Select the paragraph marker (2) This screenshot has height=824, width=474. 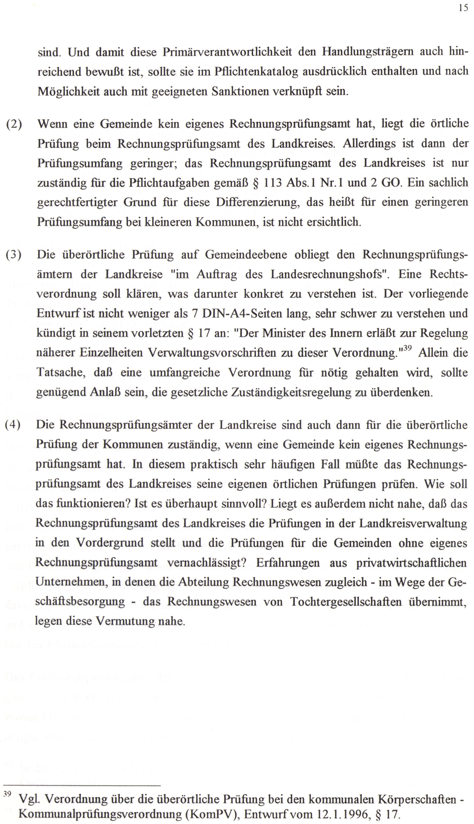14,124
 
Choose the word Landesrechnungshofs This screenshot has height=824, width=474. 330,275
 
